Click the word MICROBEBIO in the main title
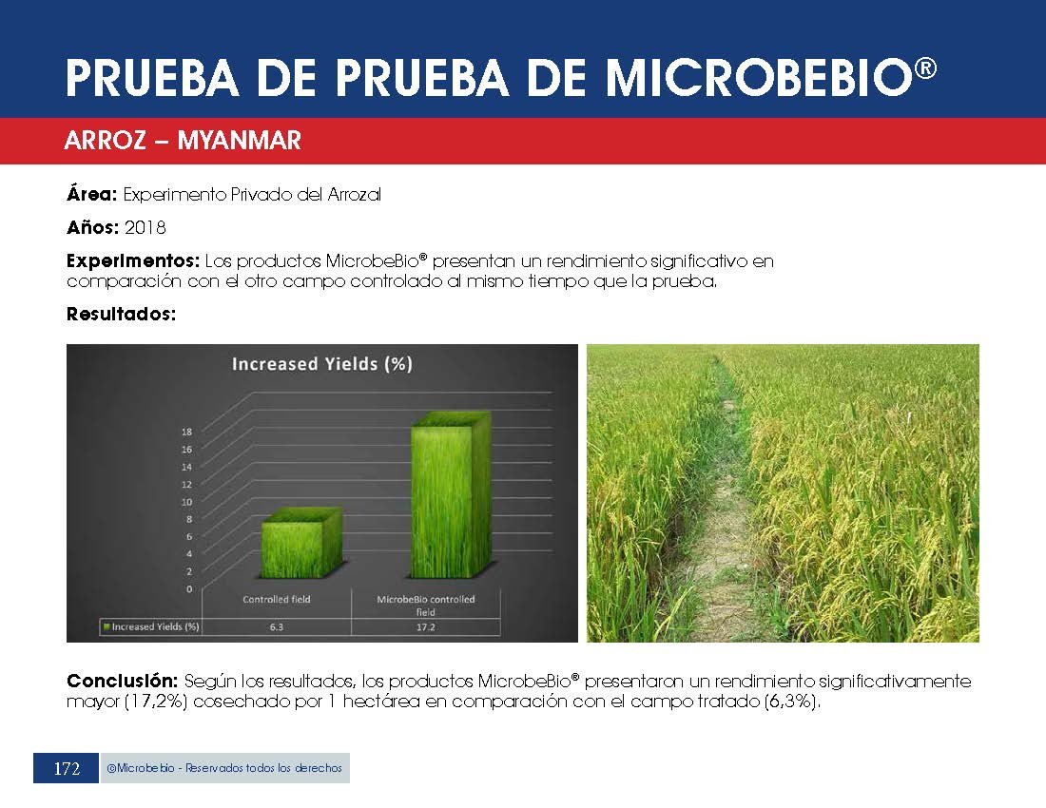point(759,78)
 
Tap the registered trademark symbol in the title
point(926,68)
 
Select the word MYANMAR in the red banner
point(239,140)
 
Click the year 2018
point(145,227)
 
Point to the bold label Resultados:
point(121,314)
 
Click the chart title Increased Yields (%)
point(322,364)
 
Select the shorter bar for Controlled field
point(300,543)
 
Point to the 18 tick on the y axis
point(186,432)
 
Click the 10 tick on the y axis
point(186,501)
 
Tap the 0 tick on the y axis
point(189,588)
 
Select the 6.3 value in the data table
point(276,627)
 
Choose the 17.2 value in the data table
point(426,627)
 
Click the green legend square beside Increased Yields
point(107,626)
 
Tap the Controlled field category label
point(276,599)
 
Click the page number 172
point(67,769)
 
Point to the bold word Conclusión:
point(122,682)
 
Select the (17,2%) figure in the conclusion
point(157,702)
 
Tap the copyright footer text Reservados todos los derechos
point(263,768)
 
